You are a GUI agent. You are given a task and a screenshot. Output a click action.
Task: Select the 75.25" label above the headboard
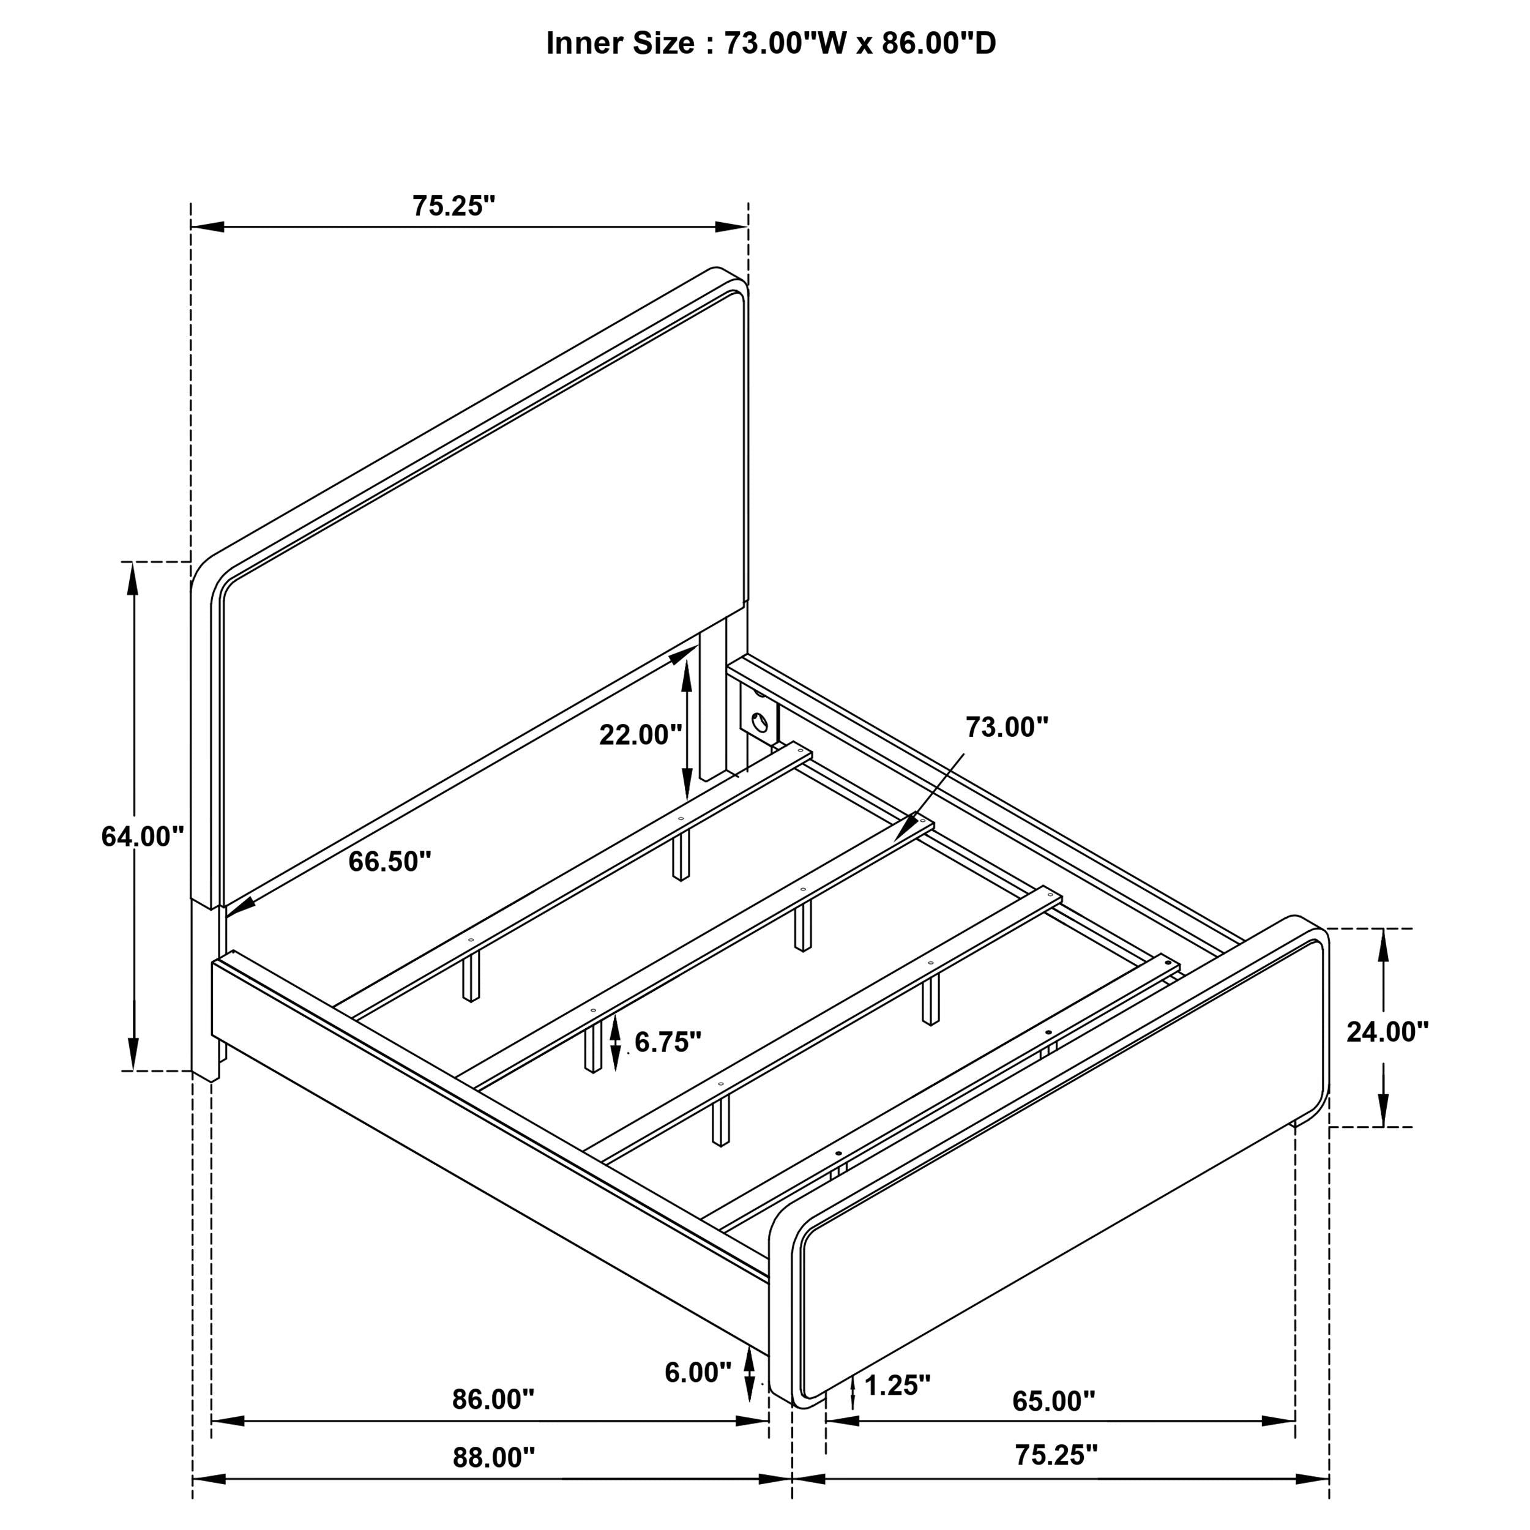coord(453,206)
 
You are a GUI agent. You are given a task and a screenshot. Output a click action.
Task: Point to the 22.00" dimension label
coord(641,735)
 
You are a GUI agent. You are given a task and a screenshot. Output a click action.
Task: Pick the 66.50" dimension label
coord(390,862)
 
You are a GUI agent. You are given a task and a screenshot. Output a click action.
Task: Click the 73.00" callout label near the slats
coord(1007,727)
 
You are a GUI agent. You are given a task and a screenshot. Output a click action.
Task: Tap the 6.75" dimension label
coord(668,1042)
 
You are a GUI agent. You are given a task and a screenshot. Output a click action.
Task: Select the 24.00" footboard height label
coord(1387,1031)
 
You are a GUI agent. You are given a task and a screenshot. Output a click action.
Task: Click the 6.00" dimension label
coord(698,1372)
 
